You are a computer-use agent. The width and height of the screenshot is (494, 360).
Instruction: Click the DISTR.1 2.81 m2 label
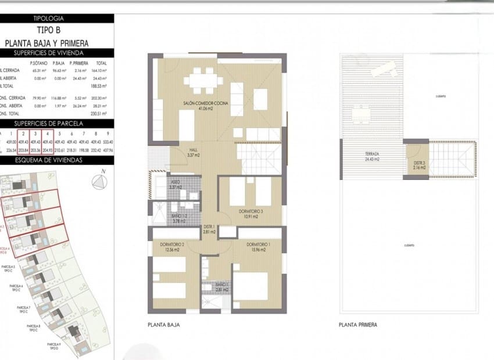coord(209,229)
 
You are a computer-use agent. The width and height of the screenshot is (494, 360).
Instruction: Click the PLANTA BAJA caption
coord(163,325)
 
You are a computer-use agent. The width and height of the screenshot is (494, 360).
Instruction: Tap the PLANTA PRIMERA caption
coord(358,325)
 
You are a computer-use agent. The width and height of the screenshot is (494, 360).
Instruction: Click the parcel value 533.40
coord(107,141)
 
